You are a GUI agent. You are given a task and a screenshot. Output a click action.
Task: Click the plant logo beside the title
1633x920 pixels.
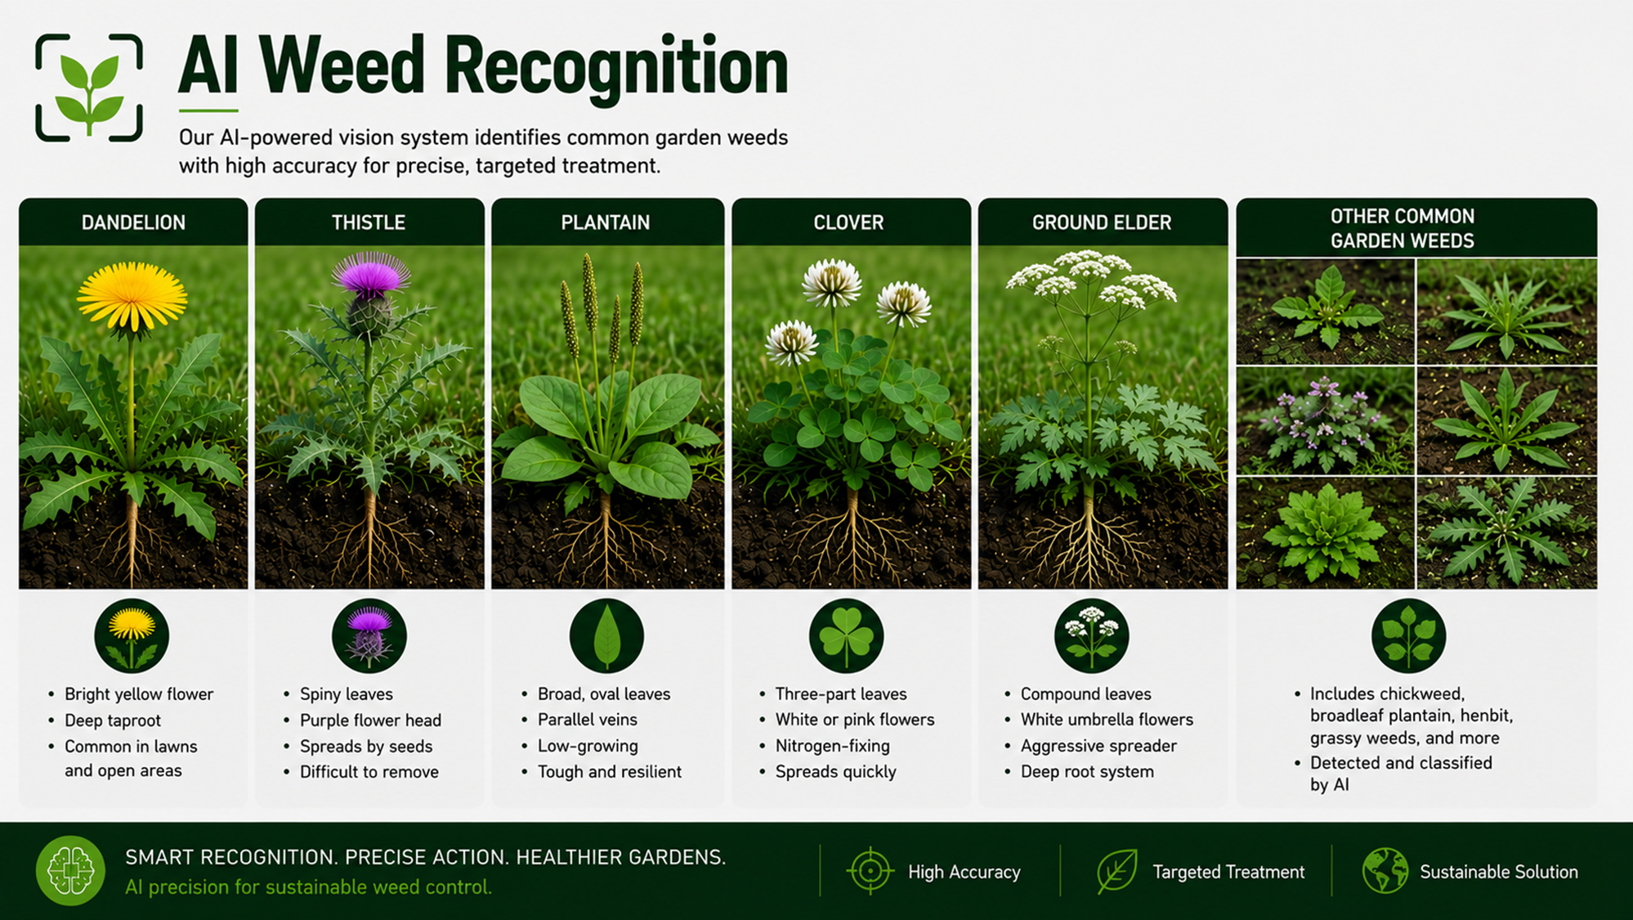tap(89, 88)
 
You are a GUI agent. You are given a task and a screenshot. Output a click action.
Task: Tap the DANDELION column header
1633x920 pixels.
tap(133, 222)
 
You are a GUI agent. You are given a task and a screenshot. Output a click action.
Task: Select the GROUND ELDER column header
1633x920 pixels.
tap(1102, 222)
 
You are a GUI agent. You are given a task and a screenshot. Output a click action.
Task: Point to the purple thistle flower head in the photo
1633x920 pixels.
tap(370, 276)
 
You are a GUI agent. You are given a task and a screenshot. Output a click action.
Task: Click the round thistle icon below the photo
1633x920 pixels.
tap(369, 635)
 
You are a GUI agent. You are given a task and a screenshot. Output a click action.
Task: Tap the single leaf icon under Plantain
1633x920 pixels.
tap(606, 635)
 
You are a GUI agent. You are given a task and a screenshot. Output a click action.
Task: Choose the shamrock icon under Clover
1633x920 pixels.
tap(846, 635)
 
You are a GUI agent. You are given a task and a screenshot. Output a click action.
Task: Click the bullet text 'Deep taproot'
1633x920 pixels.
tap(113, 720)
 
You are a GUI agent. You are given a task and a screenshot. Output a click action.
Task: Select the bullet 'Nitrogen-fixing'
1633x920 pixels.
tap(833, 746)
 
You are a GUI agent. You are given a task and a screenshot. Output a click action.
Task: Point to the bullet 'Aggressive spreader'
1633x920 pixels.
tap(1098, 746)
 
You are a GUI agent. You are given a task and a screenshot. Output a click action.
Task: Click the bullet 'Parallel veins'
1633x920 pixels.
tap(587, 720)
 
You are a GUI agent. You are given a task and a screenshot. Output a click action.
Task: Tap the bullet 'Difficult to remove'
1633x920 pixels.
tap(369, 772)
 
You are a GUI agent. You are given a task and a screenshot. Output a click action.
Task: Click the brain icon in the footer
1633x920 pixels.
tap(70, 870)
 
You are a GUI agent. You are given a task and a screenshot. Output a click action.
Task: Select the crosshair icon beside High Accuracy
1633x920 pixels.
tap(870, 871)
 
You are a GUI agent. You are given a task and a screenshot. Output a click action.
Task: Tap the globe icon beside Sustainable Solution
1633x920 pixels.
tap(1385, 871)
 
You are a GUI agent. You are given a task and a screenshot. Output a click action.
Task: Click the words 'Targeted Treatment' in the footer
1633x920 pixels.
tap(1228, 873)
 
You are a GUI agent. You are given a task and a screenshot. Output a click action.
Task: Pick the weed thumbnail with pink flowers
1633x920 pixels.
tap(1325, 421)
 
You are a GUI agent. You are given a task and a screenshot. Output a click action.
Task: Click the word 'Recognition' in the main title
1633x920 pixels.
tap(617, 68)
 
